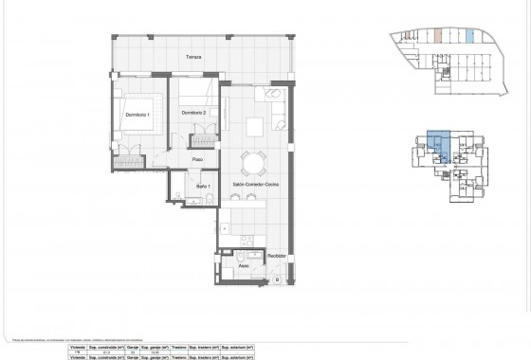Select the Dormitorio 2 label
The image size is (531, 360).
(197, 114)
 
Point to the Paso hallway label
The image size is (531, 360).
(199, 160)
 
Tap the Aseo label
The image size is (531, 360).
(244, 268)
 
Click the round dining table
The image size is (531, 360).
(252, 161)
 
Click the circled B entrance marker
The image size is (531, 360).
(276, 280)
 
